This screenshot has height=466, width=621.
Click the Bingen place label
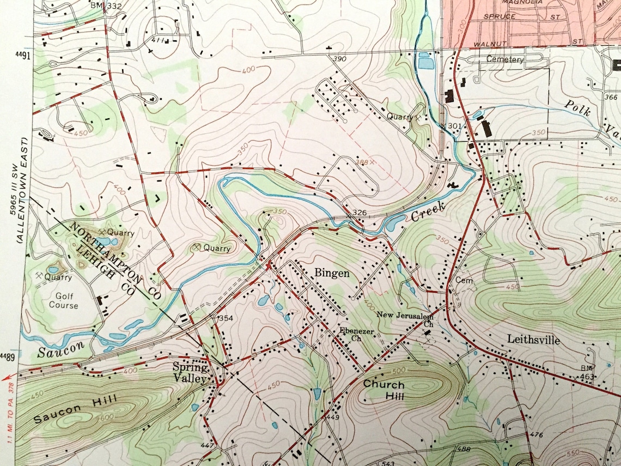pos(332,273)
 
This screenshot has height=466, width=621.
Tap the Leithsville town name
pos(534,340)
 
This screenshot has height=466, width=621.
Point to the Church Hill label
pos(384,390)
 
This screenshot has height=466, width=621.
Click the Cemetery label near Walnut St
pos(504,59)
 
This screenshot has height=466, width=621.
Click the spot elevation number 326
pos(358,211)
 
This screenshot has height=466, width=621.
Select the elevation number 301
pos(453,126)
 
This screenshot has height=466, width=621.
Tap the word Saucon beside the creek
pos(53,349)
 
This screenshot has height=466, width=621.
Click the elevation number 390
pos(340,59)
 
